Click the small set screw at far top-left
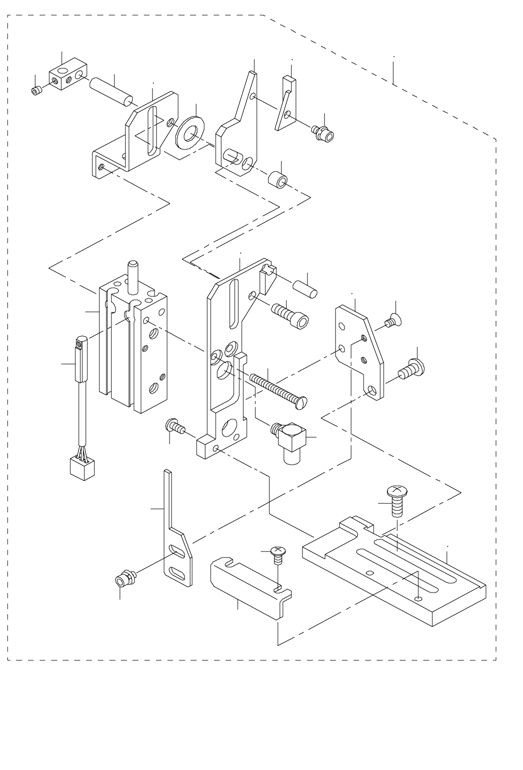36,91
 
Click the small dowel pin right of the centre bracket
304,290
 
